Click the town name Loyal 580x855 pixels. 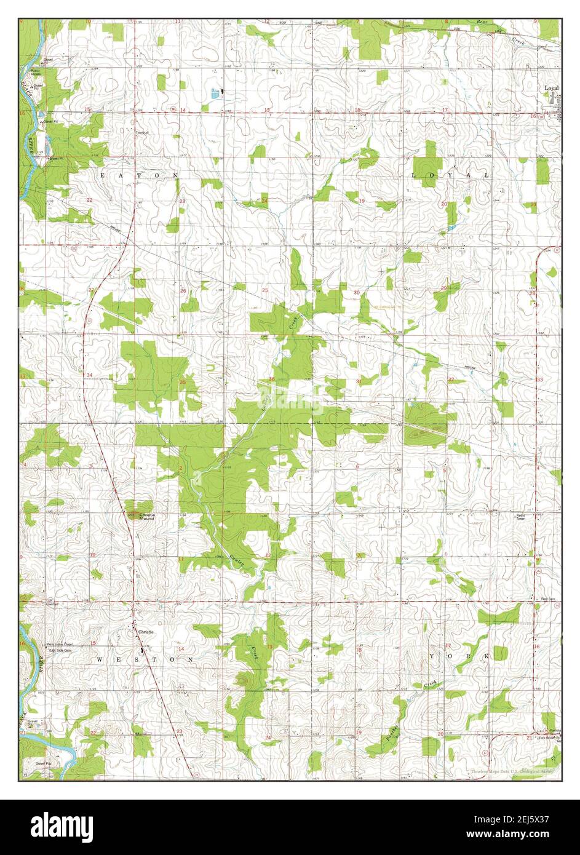(x=550, y=88)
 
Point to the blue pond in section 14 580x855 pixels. (x=215, y=94)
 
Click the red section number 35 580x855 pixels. (x=182, y=382)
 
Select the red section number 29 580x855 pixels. (x=443, y=288)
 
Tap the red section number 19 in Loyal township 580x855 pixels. (x=362, y=201)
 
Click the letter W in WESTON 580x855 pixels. (x=99, y=659)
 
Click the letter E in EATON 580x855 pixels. (x=103, y=175)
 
